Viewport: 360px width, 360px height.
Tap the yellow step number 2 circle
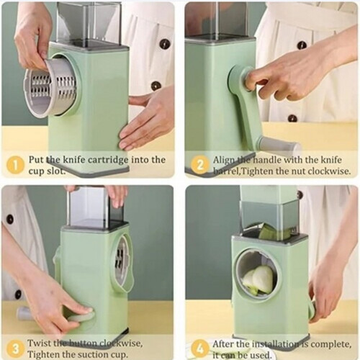click(x=197, y=163)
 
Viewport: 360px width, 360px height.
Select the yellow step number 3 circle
click(x=14, y=349)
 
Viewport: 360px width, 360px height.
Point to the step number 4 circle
click(x=197, y=349)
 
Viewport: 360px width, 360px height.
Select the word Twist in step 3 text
click(x=42, y=344)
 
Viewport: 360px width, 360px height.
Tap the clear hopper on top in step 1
click(x=87, y=21)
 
